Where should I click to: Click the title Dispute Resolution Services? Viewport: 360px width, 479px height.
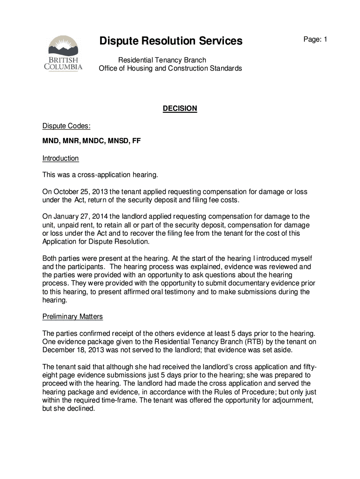coord(171,42)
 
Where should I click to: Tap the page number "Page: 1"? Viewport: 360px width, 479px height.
coord(315,40)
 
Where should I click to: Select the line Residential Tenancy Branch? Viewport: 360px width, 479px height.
coord(162,60)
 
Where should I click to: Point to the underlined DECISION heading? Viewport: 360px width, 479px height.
coord(180,109)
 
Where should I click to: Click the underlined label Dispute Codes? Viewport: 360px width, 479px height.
coord(64,126)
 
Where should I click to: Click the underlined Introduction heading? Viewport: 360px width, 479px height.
coord(60,158)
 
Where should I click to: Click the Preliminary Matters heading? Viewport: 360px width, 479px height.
coord(72,317)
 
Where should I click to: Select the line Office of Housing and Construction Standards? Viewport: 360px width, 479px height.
coord(170,69)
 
